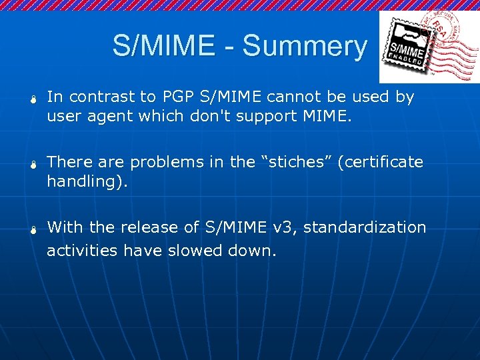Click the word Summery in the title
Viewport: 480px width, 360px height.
305,47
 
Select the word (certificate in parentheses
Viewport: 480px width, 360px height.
380,162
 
